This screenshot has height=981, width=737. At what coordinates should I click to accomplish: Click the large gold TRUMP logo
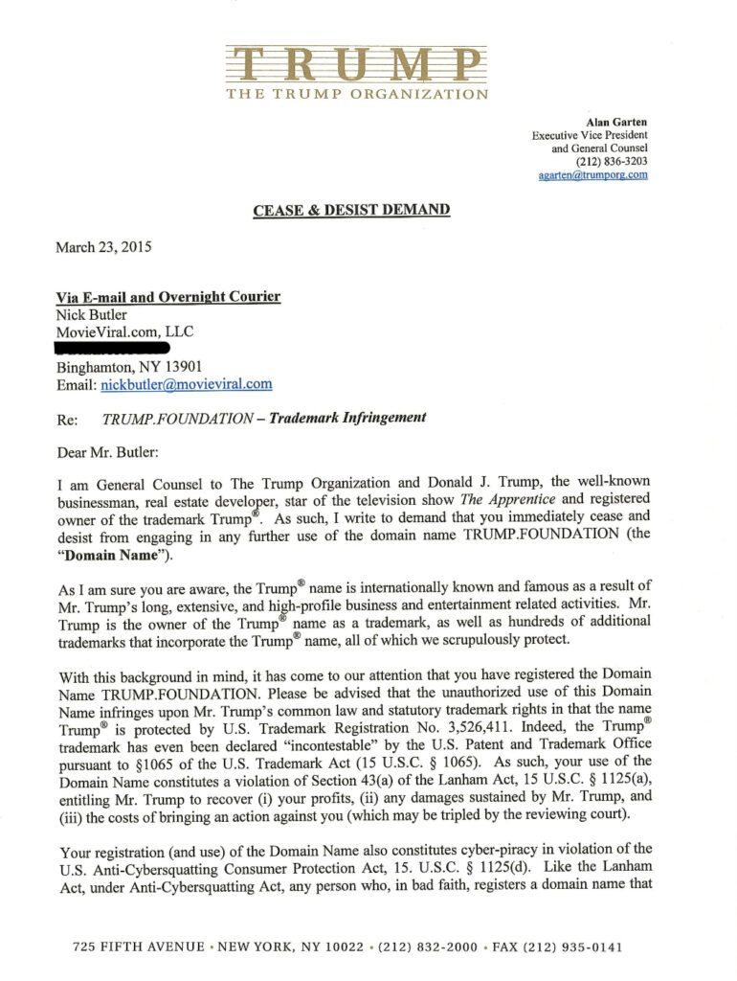coord(356,64)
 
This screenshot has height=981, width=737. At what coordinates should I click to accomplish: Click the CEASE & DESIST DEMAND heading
coord(351,209)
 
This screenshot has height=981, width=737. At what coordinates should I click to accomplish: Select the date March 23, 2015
coord(103,246)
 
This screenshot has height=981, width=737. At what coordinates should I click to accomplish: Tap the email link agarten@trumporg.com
coord(592,175)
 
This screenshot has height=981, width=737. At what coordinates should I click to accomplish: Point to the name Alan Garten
coord(616,122)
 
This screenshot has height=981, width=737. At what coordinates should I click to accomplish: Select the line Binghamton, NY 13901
coord(128,367)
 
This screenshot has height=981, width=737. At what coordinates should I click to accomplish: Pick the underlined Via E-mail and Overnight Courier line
coord(168,297)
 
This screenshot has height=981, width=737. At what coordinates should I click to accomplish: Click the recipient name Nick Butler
coord(92,314)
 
